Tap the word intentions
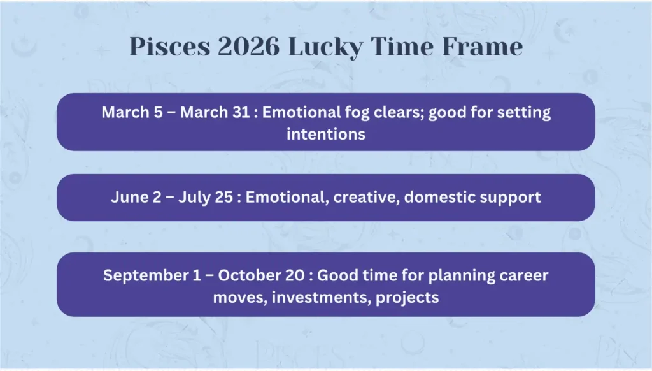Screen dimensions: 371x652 click(325, 135)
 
